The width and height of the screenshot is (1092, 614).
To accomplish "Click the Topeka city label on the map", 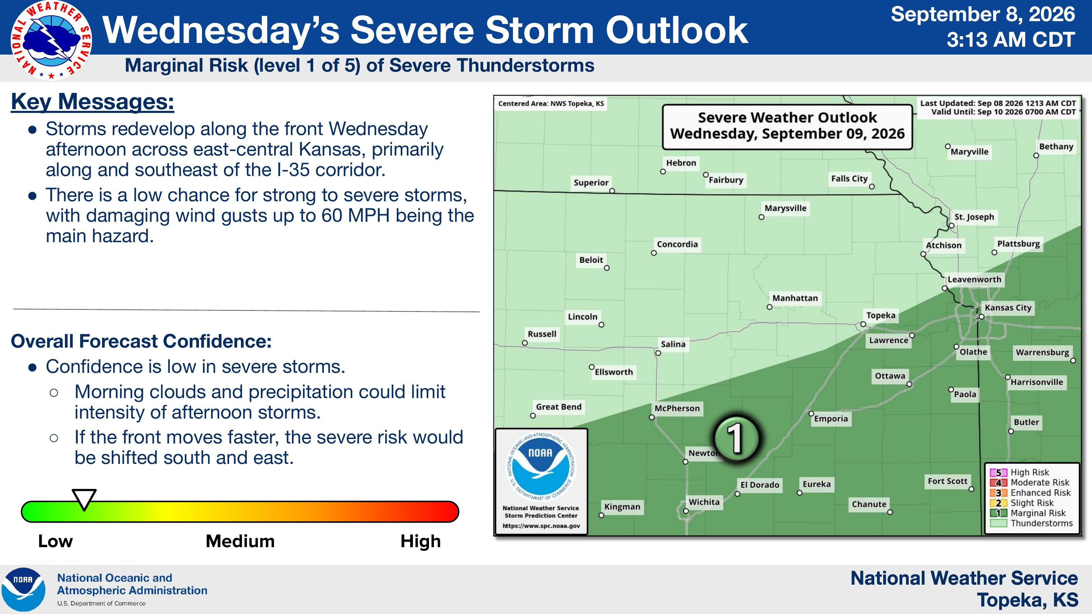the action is tap(880, 315).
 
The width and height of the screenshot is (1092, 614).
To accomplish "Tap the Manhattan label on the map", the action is tap(795, 298).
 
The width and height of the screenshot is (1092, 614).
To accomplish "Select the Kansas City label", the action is tap(1008, 308).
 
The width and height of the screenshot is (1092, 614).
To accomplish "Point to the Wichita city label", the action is tap(704, 502).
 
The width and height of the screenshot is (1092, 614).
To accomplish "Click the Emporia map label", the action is tap(831, 419).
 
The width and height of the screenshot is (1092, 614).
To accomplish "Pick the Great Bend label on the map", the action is tap(559, 407).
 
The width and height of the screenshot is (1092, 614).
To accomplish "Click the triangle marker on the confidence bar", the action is tap(84, 499).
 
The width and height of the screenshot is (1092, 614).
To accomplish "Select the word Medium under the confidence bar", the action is tap(240, 541).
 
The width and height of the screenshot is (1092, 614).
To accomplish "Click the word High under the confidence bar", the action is tap(420, 541).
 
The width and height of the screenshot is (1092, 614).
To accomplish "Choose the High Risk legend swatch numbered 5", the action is tap(998, 472).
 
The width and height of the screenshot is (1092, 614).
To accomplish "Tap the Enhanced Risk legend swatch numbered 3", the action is tap(998, 493).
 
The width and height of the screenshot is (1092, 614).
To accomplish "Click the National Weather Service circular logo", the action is tap(51, 41).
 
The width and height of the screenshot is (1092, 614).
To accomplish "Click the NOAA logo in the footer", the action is tap(23, 589).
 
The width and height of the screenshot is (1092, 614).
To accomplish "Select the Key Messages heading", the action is tap(92, 102).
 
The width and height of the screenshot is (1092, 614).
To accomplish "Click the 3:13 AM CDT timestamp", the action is tap(1010, 40).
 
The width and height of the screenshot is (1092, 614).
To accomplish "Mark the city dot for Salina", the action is tap(658, 353).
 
